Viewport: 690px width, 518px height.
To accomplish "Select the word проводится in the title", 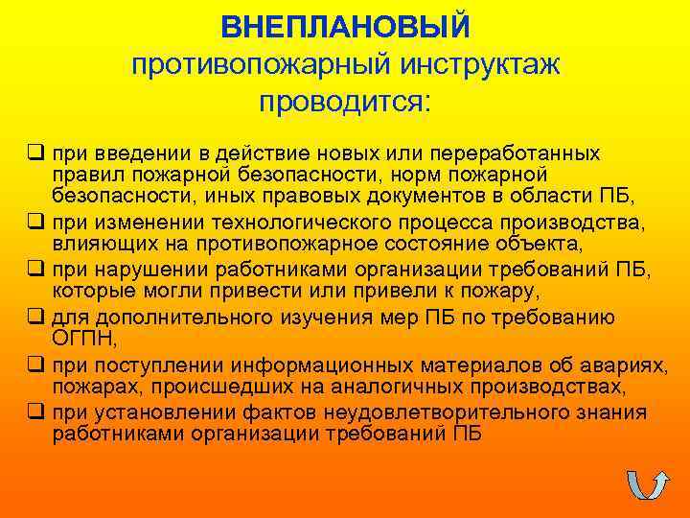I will click(342, 102).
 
